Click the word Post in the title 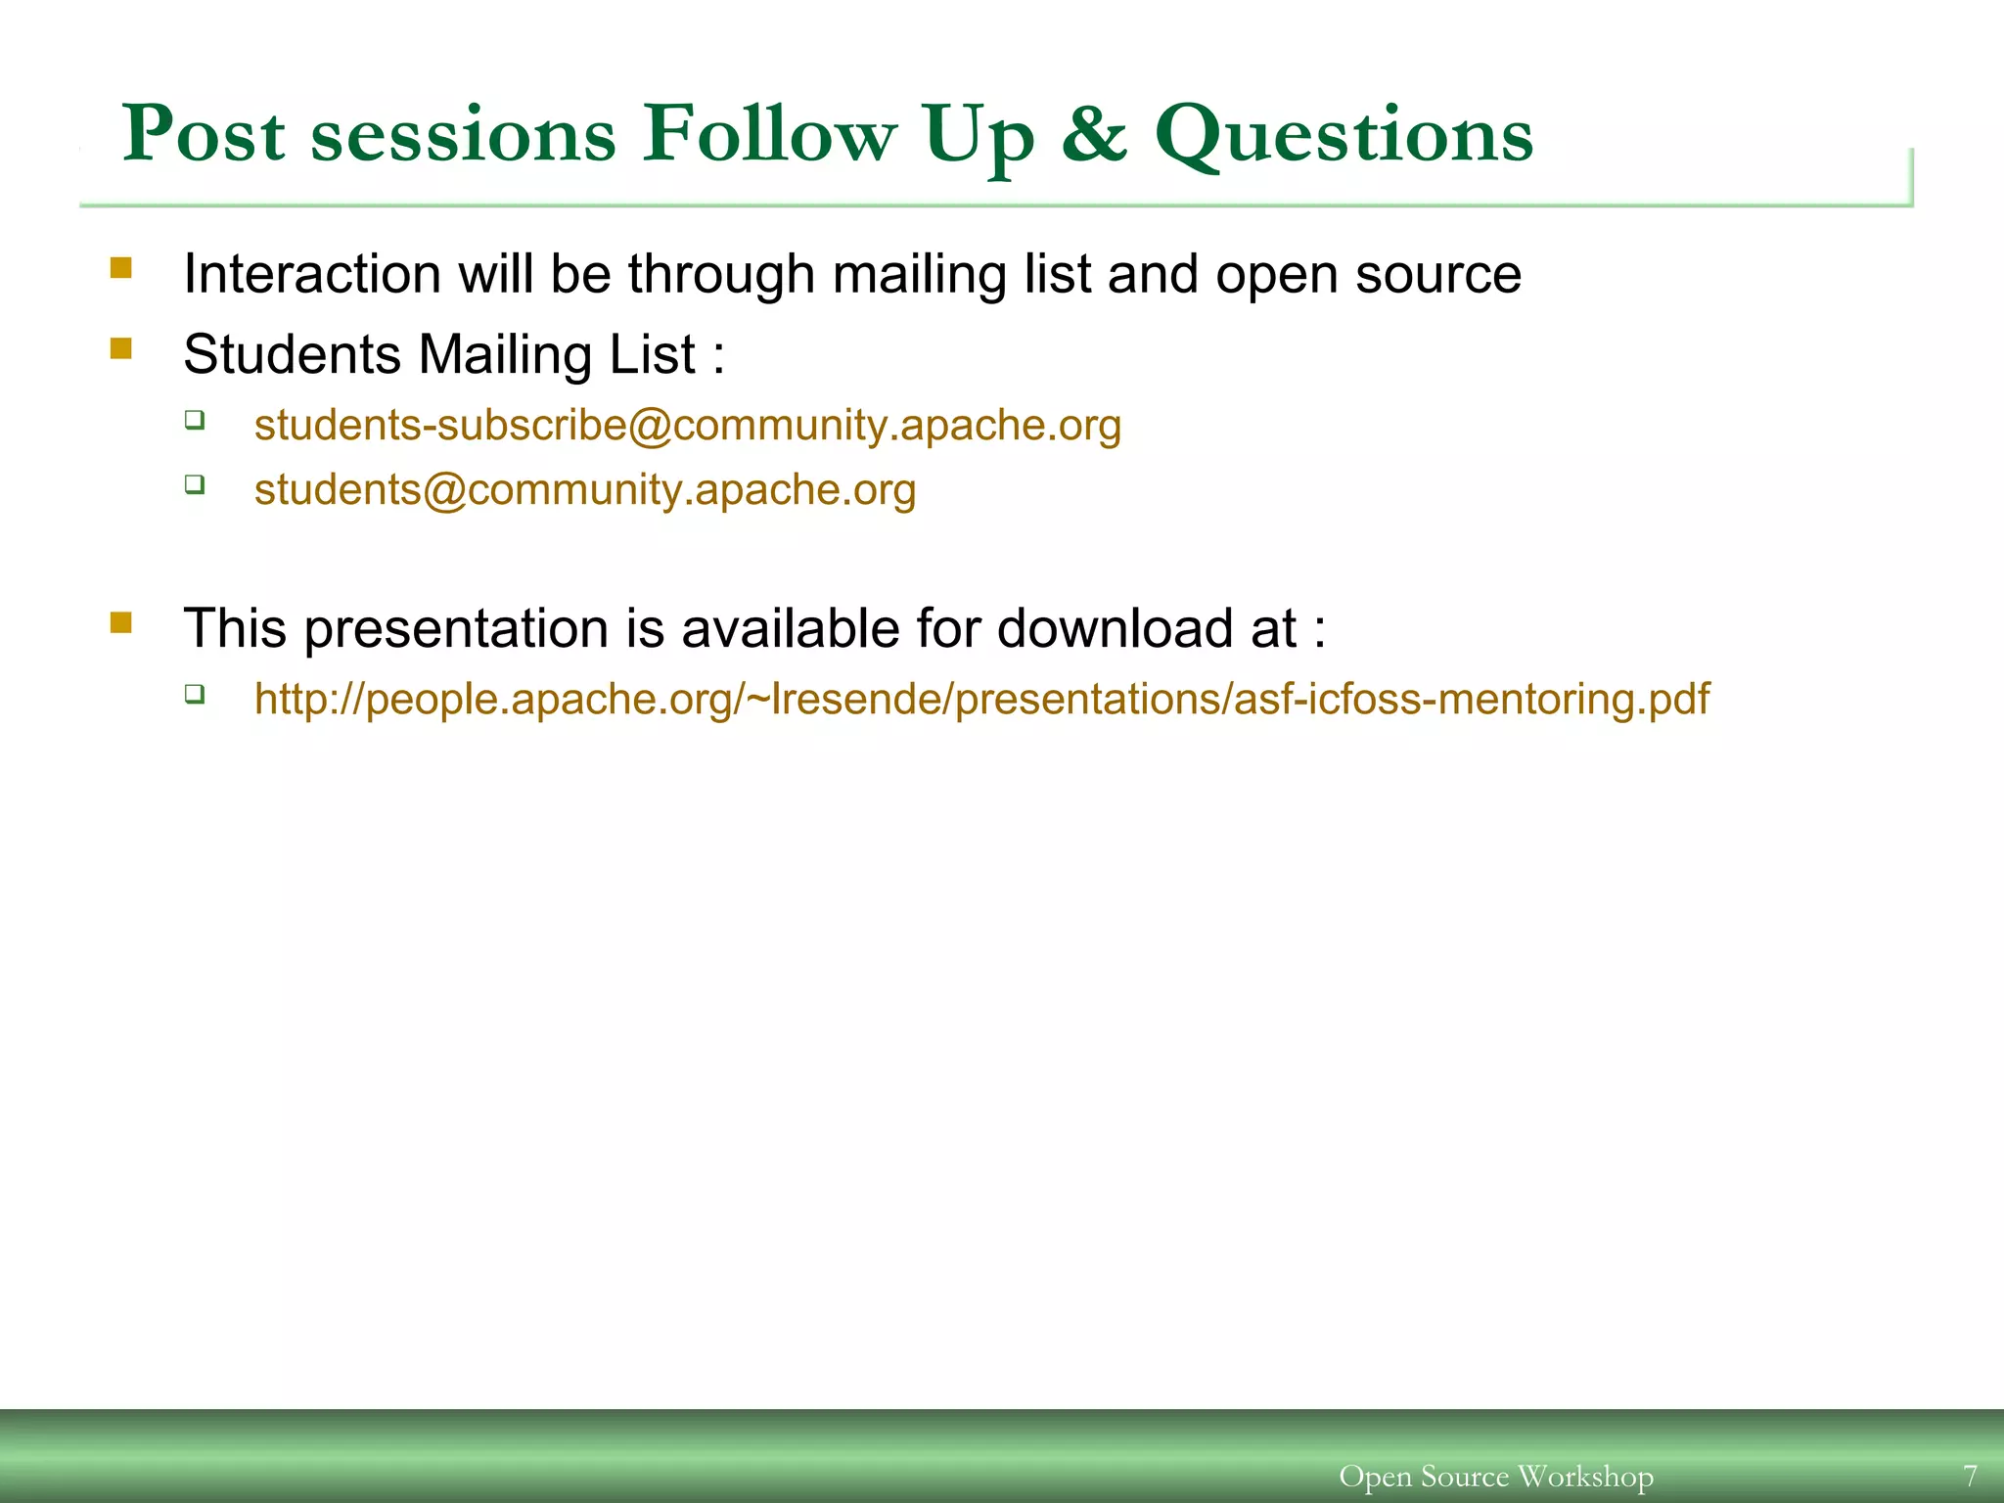tap(204, 134)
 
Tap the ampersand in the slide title tap(1093, 134)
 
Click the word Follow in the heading tap(768, 134)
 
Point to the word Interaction tap(311, 274)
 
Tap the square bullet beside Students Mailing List tap(121, 349)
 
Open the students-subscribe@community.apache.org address tap(687, 426)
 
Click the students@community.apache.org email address tap(584, 490)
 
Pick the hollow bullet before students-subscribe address tap(195, 421)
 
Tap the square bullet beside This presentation tap(121, 623)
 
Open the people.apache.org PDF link tap(981, 700)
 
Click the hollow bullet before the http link tap(195, 695)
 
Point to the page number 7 tap(1970, 1475)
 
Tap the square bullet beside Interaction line tap(121, 268)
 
